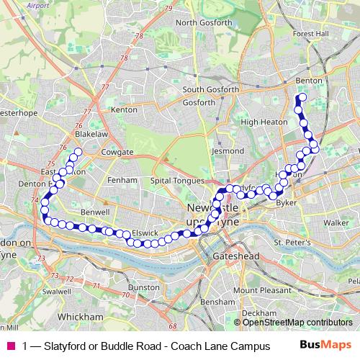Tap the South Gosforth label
point(210,90)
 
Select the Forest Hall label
point(310,33)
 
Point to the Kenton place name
point(124,110)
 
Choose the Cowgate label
point(117,153)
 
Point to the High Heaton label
point(259,122)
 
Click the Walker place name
point(336,223)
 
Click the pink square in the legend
point(11,346)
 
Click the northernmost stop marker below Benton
point(302,97)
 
